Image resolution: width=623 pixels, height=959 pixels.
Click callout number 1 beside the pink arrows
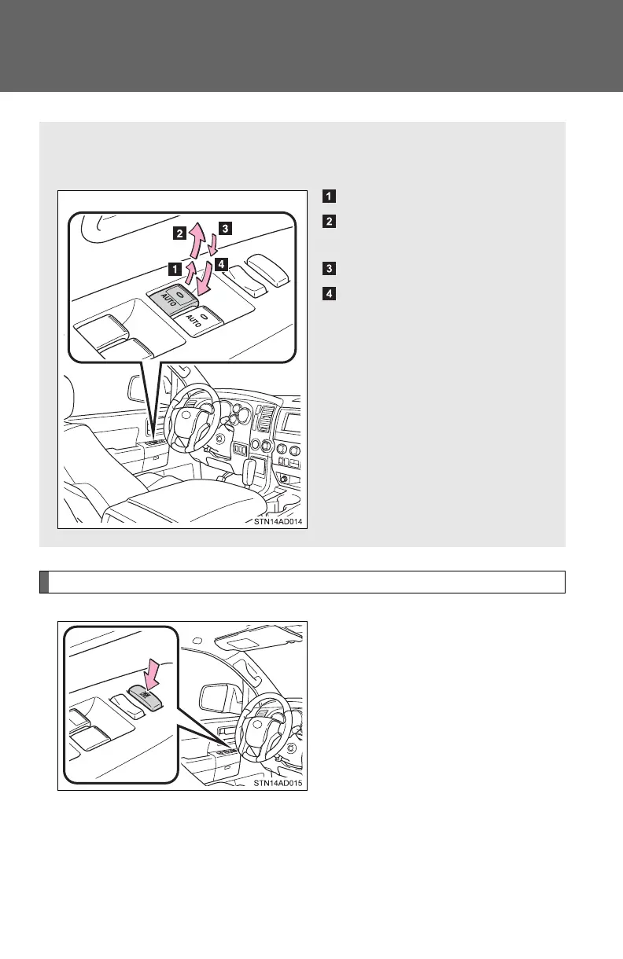point(175,270)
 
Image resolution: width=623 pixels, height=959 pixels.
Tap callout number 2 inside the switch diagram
point(179,233)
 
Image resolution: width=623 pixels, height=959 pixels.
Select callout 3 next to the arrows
point(226,228)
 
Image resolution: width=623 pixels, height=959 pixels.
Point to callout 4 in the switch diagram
point(221,264)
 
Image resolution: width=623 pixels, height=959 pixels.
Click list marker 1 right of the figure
point(329,196)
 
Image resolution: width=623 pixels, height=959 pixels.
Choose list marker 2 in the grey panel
point(329,222)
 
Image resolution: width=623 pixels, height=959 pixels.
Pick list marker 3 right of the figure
point(329,268)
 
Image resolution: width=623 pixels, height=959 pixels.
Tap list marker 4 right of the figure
point(329,294)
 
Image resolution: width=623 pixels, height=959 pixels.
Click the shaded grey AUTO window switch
point(174,299)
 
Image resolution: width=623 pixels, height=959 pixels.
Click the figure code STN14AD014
point(278,521)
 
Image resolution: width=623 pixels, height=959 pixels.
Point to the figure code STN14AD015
point(278,783)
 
